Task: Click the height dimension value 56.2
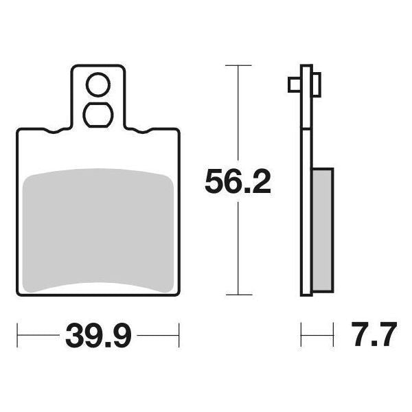point(238,182)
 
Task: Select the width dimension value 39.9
point(98,336)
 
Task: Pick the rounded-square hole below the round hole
point(97,114)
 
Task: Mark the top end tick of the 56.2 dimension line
point(238,66)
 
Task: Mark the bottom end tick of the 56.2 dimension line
point(238,296)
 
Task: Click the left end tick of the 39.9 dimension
point(17,336)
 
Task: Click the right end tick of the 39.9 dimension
point(179,336)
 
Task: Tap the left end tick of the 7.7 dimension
point(301,336)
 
